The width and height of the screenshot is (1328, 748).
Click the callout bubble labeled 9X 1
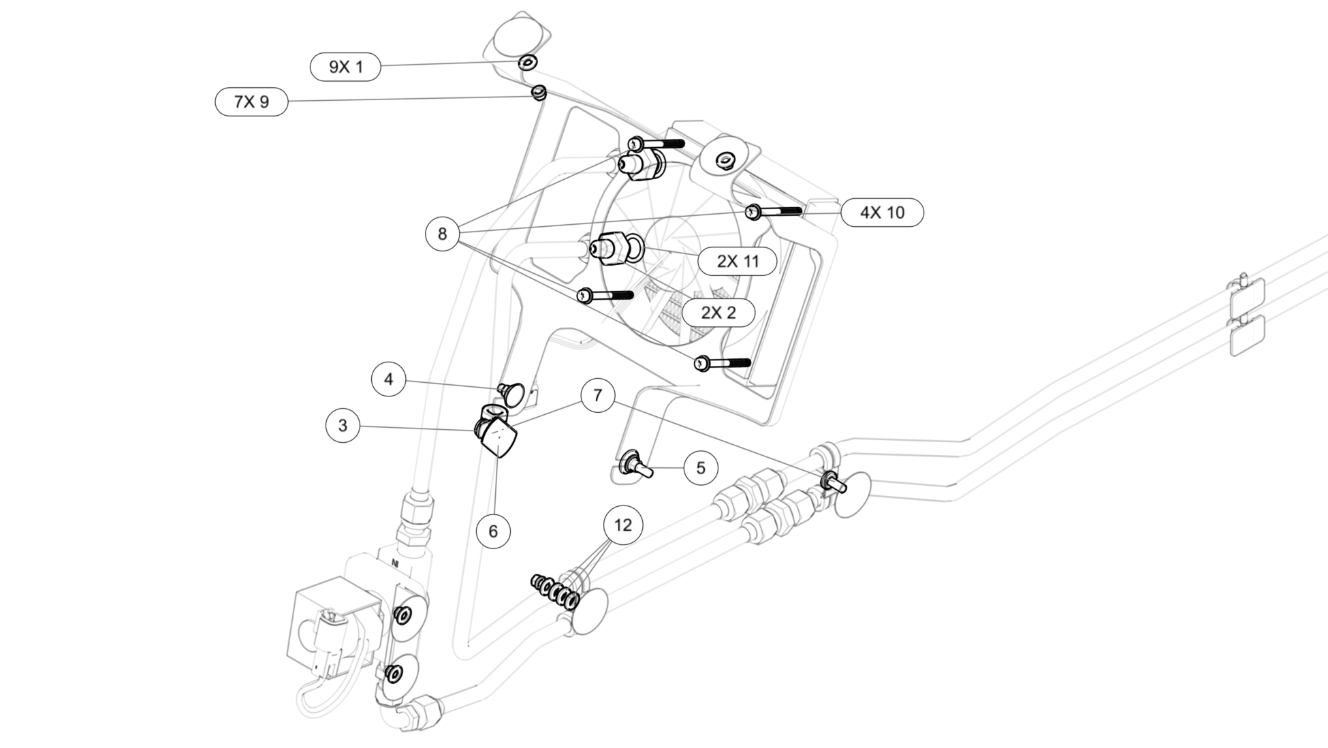(345, 67)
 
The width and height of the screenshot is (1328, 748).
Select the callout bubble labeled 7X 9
(251, 102)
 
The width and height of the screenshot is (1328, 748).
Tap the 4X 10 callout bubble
(882, 213)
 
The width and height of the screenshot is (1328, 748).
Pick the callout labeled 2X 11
(737, 261)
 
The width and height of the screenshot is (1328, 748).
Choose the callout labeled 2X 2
(718, 313)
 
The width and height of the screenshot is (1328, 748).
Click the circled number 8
(443, 234)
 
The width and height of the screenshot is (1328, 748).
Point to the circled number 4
(389, 379)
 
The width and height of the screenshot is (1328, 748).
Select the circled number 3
(343, 426)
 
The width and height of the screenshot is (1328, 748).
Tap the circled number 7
(598, 395)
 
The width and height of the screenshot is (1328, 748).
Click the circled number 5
(701, 468)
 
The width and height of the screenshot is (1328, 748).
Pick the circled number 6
(494, 531)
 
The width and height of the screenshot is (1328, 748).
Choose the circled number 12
(623, 525)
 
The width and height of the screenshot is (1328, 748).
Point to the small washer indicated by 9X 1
(527, 63)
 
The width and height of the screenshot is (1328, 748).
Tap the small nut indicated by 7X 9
(539, 91)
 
